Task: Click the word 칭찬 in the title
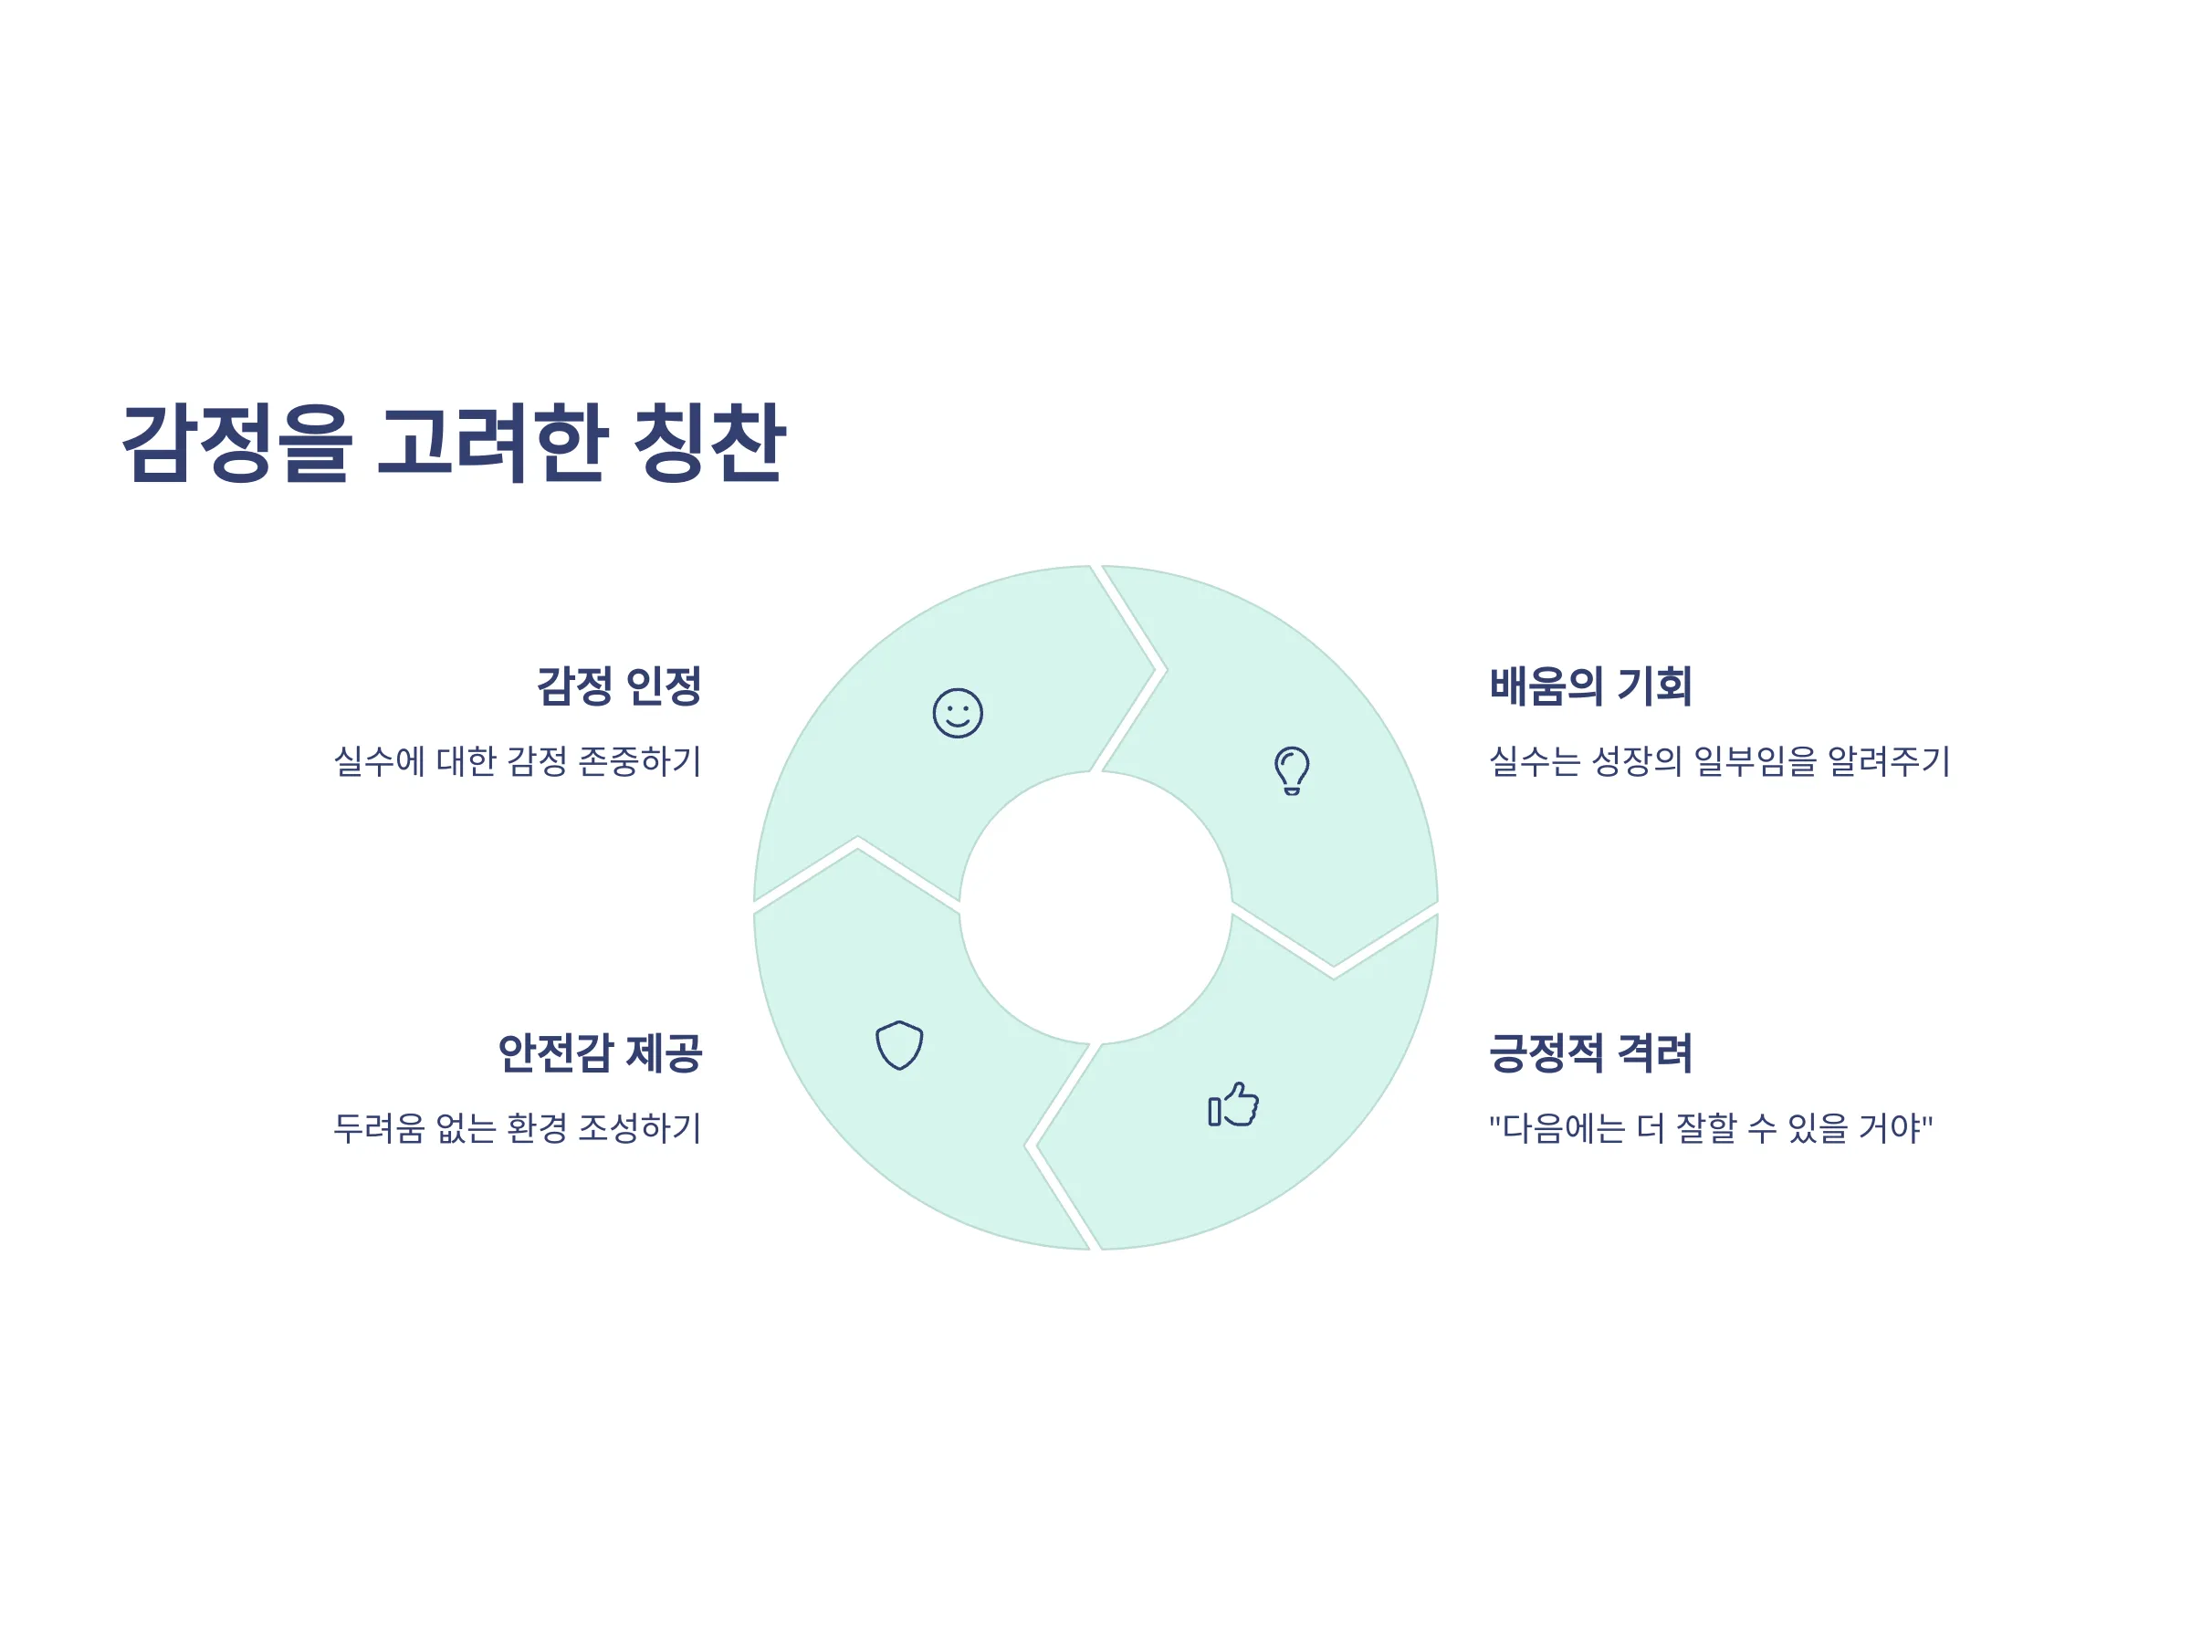click(709, 443)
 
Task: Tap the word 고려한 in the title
click(491, 443)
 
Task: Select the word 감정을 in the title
click(236, 443)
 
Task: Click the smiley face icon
click(958, 713)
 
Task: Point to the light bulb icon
click(1292, 770)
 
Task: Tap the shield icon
click(899, 1045)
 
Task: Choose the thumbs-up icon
click(1233, 1104)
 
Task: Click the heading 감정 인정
click(619, 685)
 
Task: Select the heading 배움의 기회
click(1590, 685)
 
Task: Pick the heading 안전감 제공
click(601, 1052)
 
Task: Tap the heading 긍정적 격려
click(1590, 1052)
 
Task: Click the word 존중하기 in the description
click(640, 760)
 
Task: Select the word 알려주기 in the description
click(1888, 760)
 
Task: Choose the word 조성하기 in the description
click(640, 1127)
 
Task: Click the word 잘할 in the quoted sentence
click(1705, 1127)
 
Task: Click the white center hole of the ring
click(1095, 907)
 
